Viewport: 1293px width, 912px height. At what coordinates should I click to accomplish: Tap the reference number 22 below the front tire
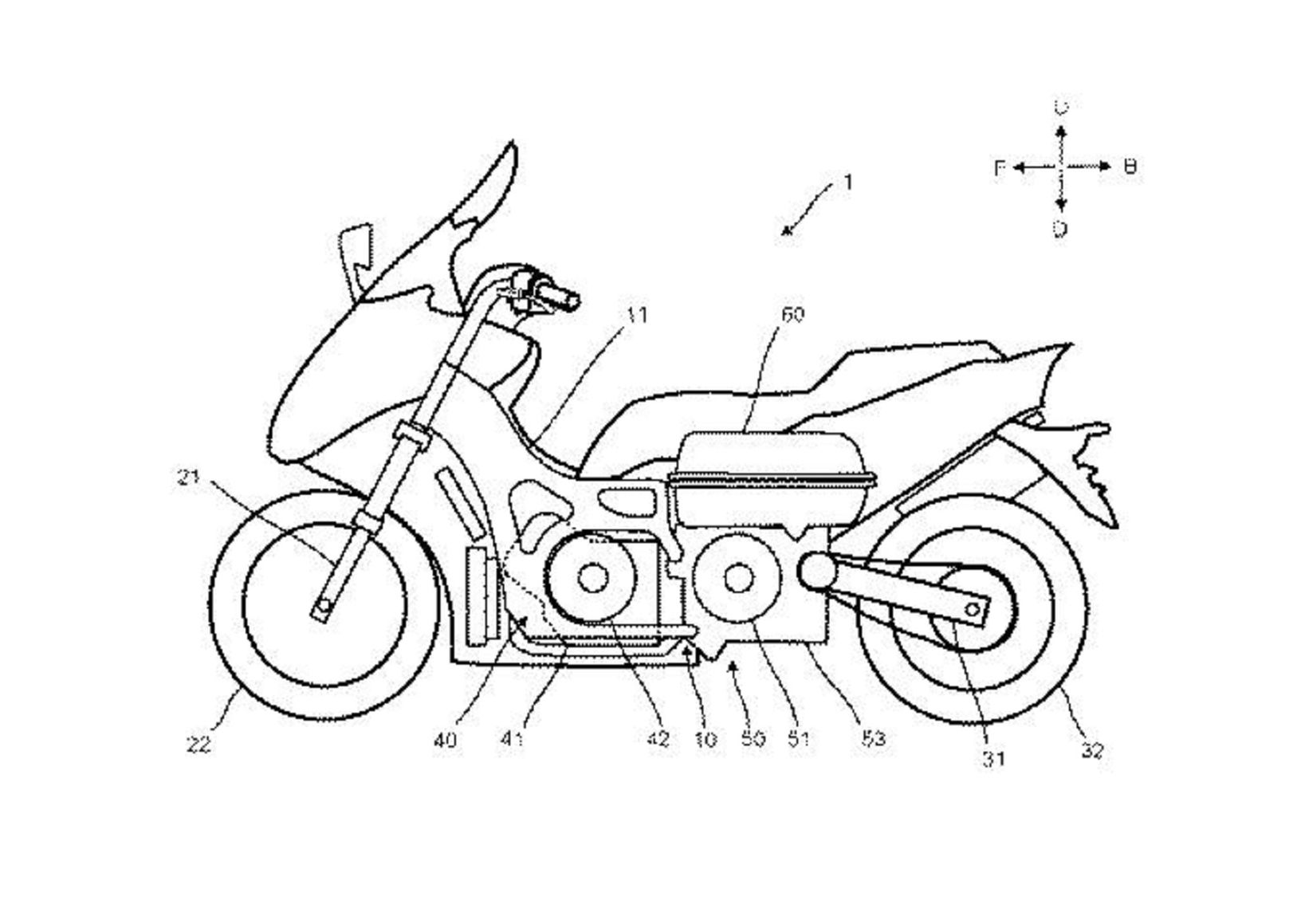click(199, 745)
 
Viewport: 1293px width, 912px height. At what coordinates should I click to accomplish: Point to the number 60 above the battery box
click(792, 314)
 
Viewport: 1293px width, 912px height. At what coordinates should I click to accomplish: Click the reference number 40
click(446, 740)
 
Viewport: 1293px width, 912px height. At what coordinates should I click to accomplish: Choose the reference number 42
click(658, 740)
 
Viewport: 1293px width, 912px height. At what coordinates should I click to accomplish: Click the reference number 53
click(874, 740)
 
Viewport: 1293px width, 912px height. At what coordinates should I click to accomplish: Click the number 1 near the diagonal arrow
click(848, 183)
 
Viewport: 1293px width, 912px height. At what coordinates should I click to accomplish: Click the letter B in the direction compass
click(1130, 167)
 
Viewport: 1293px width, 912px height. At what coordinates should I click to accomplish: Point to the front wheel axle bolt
click(321, 610)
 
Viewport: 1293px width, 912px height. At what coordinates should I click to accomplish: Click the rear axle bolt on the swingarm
click(973, 609)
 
